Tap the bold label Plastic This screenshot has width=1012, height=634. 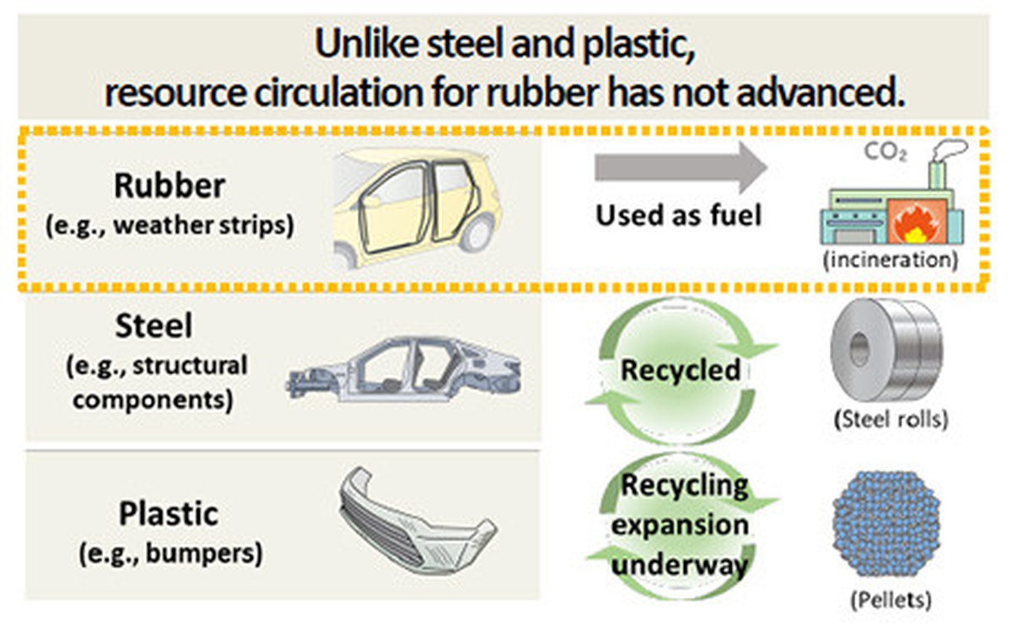169,513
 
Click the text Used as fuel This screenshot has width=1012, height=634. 679,216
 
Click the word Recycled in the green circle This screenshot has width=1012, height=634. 681,369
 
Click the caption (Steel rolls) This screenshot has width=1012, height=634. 890,420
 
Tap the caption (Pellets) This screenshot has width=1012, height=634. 889,601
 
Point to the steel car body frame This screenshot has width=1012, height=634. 405,372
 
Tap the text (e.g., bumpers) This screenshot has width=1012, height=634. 170,554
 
